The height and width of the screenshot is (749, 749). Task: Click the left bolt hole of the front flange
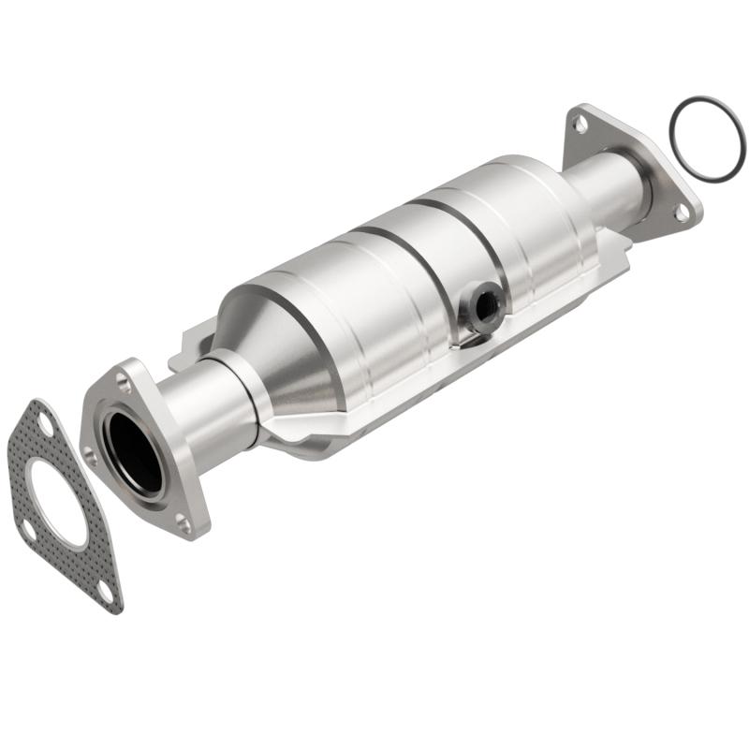tap(91, 456)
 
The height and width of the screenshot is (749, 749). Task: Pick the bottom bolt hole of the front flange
tap(184, 523)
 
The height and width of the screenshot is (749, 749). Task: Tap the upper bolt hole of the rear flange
tap(581, 123)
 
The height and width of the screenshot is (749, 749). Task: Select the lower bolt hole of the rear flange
tap(682, 213)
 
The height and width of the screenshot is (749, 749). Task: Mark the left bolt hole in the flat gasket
tap(28, 530)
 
